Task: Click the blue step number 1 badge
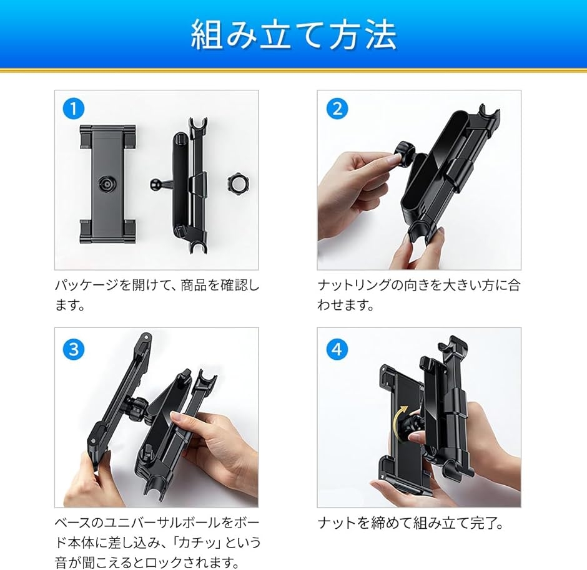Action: pos(74,109)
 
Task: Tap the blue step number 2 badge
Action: pos(337,109)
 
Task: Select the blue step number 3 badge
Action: pos(74,349)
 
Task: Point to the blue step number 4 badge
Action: pos(337,349)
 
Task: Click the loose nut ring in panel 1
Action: pos(239,183)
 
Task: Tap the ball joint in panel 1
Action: pos(155,183)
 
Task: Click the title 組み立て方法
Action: pos(293,35)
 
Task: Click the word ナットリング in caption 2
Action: pos(354,285)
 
